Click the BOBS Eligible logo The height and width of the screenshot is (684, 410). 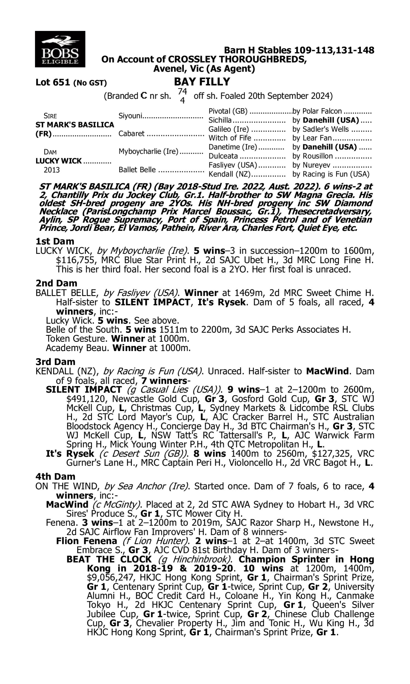pyautogui.click(x=60, y=49)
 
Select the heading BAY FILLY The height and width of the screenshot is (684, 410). pyautogui.click(x=202, y=82)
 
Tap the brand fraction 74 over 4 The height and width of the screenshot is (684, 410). pyautogui.click(x=182, y=96)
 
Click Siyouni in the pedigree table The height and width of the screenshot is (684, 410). pyautogui.click(x=130, y=115)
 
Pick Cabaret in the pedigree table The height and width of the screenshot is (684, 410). pyautogui.click(x=131, y=134)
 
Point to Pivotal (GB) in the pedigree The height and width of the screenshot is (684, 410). pyautogui.click(x=228, y=111)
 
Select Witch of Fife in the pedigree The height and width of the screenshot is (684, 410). pyautogui.click(x=230, y=138)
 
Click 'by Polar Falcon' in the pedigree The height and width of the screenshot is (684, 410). pyautogui.click(x=317, y=111)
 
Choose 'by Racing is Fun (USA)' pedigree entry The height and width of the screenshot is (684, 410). pyautogui.click(x=331, y=174)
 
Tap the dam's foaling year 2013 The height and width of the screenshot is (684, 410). pyautogui.click(x=52, y=170)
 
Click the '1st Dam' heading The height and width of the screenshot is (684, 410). pyautogui.click(x=55, y=241)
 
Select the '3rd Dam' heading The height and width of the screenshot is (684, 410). pyautogui.click(x=55, y=362)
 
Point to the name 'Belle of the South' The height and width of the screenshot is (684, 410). pyautogui.click(x=84, y=330)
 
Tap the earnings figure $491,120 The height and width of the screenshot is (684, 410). pyautogui.click(x=87, y=399)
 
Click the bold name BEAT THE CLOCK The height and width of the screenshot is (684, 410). pyautogui.click(x=109, y=559)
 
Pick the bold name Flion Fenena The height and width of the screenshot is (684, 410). pyautogui.click(x=86, y=541)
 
